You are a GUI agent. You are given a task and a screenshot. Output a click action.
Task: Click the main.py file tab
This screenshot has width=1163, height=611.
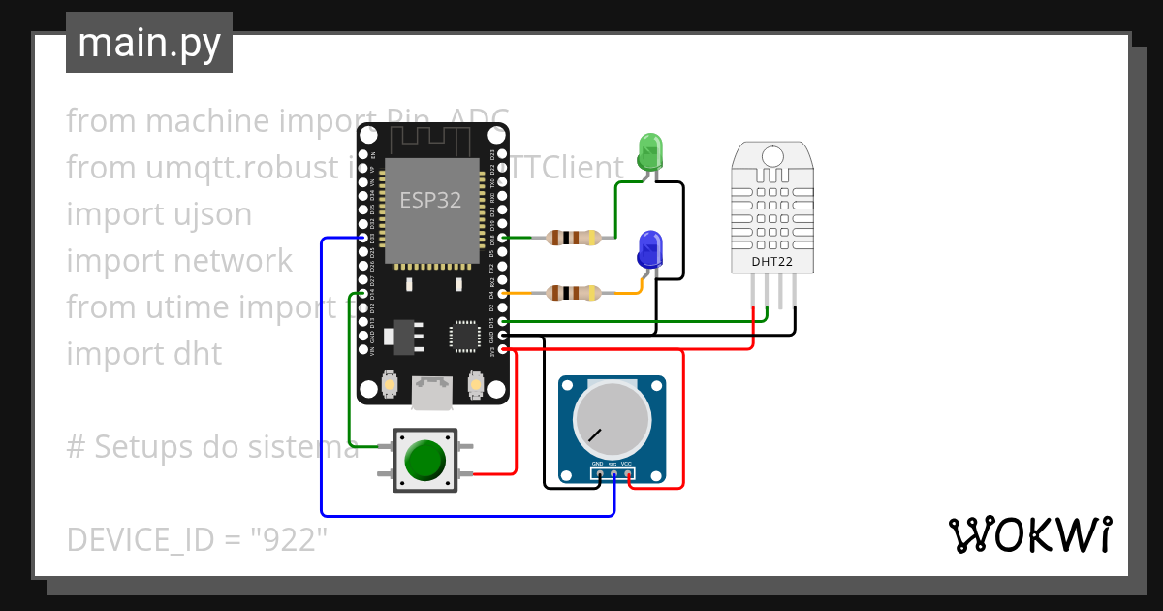click(x=149, y=44)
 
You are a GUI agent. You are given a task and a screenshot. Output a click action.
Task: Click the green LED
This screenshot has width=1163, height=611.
click(x=648, y=151)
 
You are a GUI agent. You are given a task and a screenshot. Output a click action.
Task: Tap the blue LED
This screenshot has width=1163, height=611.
click(x=649, y=249)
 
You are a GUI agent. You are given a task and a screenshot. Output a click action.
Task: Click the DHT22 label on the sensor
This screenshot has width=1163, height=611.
click(x=771, y=261)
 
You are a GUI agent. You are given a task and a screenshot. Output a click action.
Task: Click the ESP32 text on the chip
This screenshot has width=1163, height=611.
click(x=431, y=200)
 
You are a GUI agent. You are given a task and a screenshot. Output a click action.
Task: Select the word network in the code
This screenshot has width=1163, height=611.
click(x=233, y=261)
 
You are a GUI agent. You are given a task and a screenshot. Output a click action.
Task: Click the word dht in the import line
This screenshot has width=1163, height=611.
click(x=199, y=354)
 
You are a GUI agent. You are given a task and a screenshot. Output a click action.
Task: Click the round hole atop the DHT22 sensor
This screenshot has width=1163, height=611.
click(x=772, y=155)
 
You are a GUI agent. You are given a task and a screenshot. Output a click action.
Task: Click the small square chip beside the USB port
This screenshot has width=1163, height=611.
click(x=463, y=336)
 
